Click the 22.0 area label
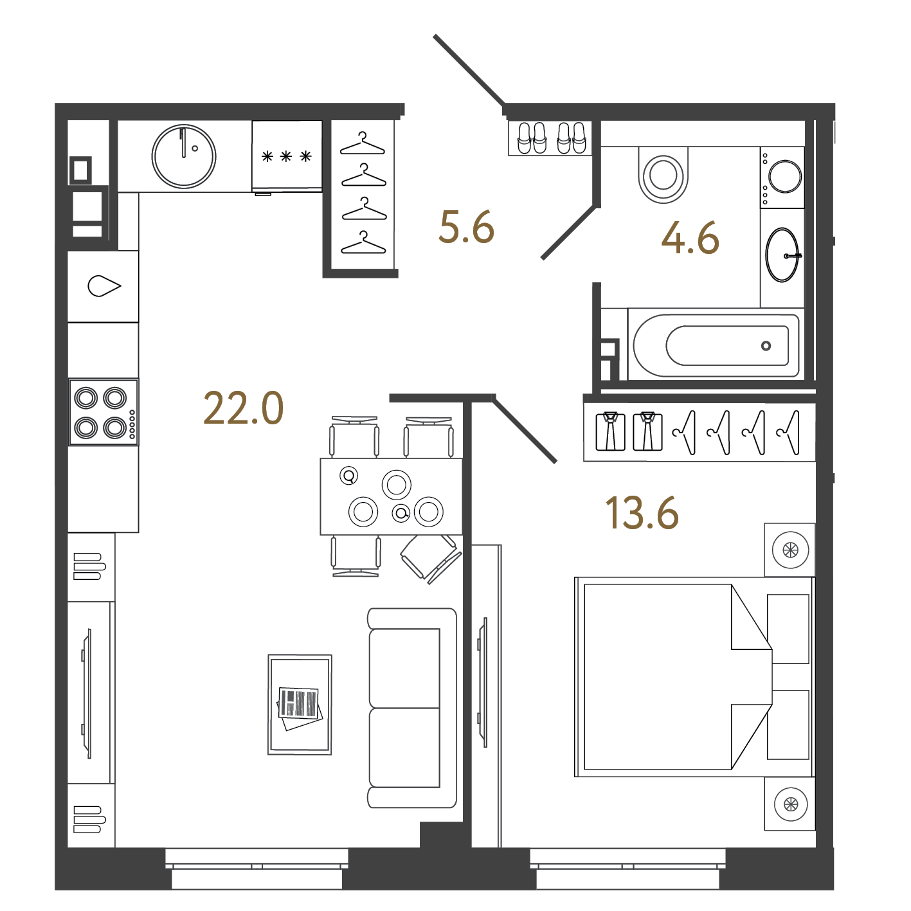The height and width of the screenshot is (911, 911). click(x=244, y=408)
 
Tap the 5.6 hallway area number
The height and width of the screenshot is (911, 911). click(x=466, y=228)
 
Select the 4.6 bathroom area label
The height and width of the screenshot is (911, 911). click(x=690, y=238)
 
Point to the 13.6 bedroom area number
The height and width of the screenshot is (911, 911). click(x=642, y=512)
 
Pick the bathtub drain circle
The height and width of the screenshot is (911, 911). click(x=766, y=346)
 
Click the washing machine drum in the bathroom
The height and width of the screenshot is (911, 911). click(x=785, y=176)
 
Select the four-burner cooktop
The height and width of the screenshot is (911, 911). click(x=104, y=411)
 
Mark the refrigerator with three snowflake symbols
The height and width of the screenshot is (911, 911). click(x=287, y=156)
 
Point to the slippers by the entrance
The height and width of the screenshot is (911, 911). click(x=551, y=138)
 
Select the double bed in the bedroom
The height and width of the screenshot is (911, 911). click(x=694, y=676)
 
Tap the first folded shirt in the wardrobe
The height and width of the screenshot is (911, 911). click(x=610, y=431)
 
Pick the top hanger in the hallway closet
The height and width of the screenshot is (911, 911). click(x=363, y=144)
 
